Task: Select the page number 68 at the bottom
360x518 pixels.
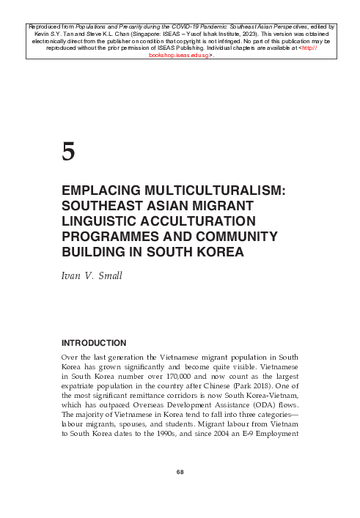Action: point(180,490)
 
